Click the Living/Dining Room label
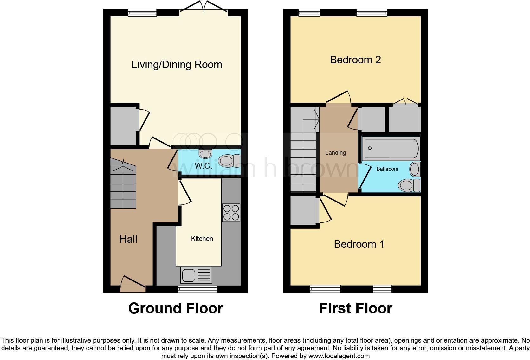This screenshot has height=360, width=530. pos(177,65)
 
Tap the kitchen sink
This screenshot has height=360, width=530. pos(196,274)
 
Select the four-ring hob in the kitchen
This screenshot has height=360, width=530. pos(231,213)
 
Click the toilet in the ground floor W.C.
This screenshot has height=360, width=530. pos(229,161)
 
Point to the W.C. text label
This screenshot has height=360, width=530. pos(203,166)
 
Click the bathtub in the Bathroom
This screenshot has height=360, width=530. pos(391,148)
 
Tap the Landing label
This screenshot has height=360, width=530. pos(335,153)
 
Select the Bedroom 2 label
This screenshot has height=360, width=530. pos(355,60)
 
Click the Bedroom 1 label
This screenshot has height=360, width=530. pos(359,244)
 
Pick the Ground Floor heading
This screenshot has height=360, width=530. pos(176,308)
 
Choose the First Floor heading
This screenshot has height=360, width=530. pos(355,308)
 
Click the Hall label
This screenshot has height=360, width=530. pos(128,239)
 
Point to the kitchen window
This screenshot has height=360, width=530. pos(197,289)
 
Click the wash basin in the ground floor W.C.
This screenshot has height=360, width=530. pos(205,154)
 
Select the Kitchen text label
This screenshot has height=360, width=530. pos(202,239)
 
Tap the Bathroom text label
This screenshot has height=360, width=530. pos(387,169)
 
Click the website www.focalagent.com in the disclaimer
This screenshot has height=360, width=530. pos(339,356)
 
